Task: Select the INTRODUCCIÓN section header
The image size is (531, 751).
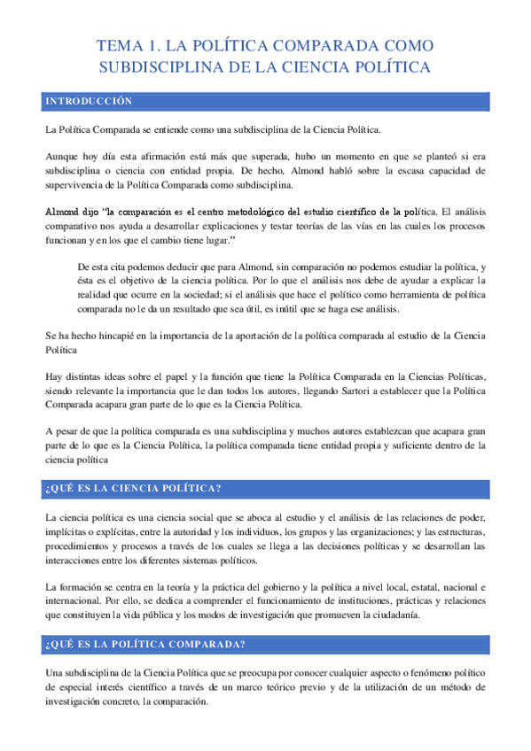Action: [x=88, y=103]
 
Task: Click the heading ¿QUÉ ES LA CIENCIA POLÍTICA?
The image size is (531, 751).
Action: [x=133, y=490]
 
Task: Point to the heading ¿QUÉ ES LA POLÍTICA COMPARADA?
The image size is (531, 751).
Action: [x=145, y=644]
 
